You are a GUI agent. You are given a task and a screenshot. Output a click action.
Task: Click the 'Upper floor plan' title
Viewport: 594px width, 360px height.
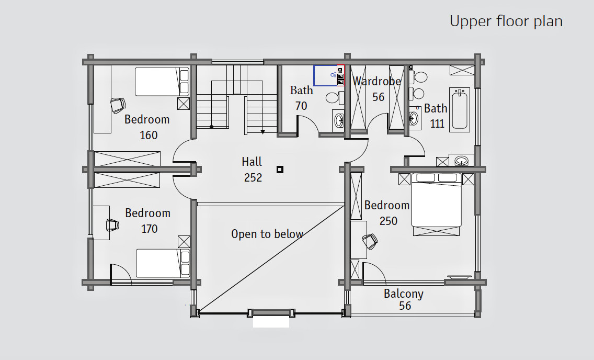(506, 21)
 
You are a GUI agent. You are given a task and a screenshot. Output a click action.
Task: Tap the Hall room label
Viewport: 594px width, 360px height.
(252, 162)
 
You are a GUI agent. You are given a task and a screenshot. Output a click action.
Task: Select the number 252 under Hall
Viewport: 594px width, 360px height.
(253, 177)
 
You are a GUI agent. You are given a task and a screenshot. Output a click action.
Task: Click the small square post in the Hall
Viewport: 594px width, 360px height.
(280, 170)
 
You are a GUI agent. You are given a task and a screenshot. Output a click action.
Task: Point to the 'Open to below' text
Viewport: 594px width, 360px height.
(267, 234)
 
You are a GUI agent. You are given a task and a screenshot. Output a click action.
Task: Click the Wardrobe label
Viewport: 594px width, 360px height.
(376, 81)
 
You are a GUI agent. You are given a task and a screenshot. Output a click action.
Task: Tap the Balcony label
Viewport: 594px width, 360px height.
(404, 294)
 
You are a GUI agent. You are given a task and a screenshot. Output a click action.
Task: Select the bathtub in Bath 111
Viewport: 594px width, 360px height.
(460, 110)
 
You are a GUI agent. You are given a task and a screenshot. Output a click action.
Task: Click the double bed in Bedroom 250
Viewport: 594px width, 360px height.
(437, 204)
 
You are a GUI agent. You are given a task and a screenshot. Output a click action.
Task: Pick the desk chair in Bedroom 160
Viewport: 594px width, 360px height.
(118, 105)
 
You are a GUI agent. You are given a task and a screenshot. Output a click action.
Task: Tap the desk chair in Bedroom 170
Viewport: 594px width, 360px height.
(112, 224)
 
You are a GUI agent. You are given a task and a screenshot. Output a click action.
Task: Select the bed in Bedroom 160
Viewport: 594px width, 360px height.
(162, 82)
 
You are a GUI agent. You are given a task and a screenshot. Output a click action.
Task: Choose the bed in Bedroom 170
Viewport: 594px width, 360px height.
(163, 263)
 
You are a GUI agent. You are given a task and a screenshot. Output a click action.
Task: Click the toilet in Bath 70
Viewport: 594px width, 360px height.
(335, 98)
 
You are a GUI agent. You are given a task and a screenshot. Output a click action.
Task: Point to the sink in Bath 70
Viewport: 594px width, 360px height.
(338, 120)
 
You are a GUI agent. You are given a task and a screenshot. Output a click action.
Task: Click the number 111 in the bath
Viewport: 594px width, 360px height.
(437, 123)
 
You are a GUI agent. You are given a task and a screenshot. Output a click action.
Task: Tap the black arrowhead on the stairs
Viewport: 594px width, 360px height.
(262, 132)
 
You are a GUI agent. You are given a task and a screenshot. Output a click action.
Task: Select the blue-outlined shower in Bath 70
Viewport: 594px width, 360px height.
(325, 75)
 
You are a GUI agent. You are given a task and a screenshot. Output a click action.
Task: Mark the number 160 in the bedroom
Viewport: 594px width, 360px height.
(148, 135)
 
